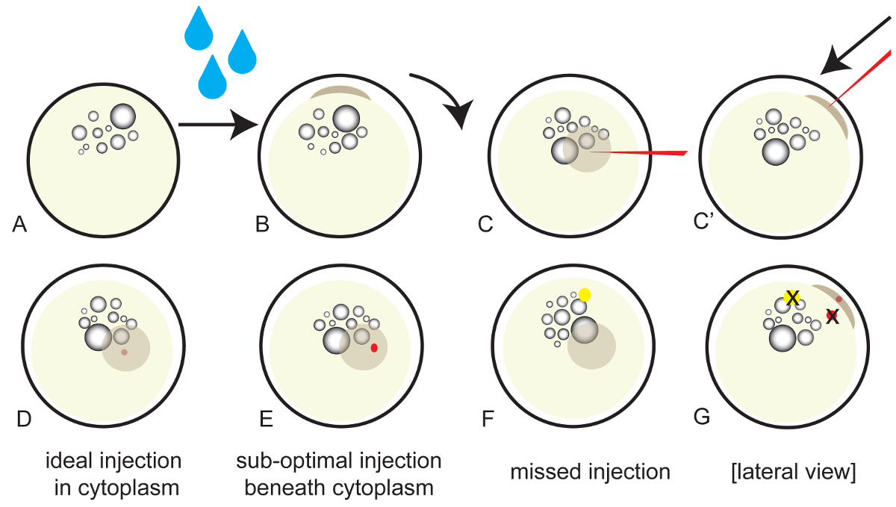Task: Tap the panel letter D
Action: pos(24,419)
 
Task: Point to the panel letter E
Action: pos(265,419)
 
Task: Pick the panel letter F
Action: pos(489,419)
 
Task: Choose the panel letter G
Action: pos(703,417)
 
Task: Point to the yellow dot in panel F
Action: pos(585,294)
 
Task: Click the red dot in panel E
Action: pos(374,347)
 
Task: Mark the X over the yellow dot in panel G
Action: pos(792,298)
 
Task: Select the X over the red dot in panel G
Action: pos(832,317)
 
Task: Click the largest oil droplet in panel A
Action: pos(123,116)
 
